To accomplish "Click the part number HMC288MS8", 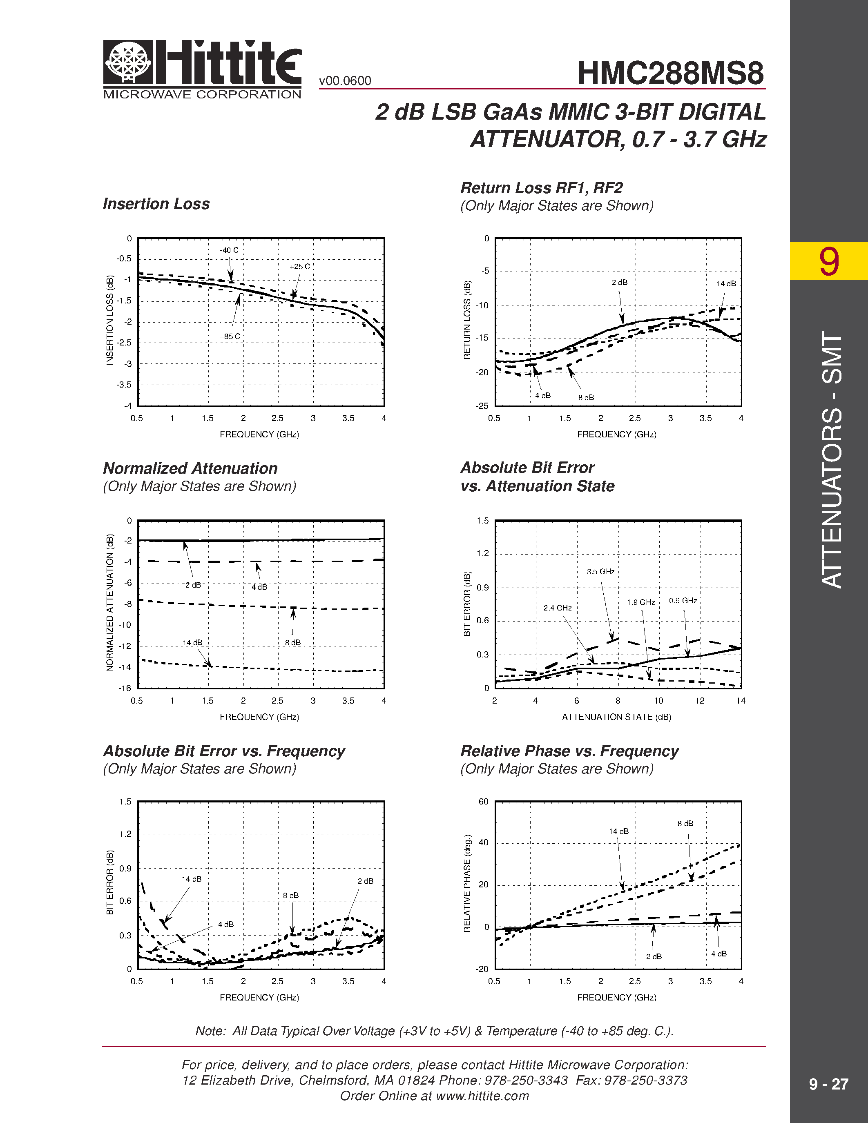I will coord(670,73).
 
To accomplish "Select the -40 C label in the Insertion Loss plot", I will coord(229,250).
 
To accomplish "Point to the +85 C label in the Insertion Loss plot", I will coord(230,336).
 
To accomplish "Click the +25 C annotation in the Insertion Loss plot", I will coord(299,266).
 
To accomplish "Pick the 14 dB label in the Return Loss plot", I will coord(725,283).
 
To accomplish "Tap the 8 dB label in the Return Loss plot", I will coord(586,397).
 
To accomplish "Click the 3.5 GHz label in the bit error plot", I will coord(600,571).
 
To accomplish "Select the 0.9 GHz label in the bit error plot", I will coord(683,601).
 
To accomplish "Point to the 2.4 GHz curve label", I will coord(558,608).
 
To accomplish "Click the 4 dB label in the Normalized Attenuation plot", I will coord(259,587).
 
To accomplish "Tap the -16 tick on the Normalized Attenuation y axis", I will coord(125,688).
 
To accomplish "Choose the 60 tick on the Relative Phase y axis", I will coord(483,802).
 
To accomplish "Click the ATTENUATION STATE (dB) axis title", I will coord(616,717).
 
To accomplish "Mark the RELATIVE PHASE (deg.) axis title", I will coord(467,883).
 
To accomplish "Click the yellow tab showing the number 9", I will coord(828,261).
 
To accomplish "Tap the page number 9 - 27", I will coord(828,1084).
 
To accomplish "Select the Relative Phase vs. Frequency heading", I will coord(569,751).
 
